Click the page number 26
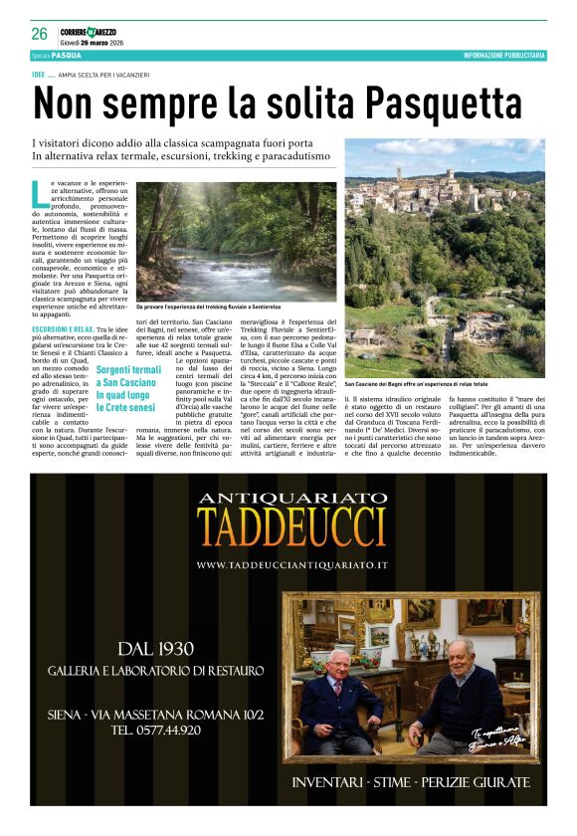pyautogui.click(x=39, y=33)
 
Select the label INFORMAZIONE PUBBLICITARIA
pyautogui.click(x=503, y=56)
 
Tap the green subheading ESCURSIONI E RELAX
pyautogui.click(x=63, y=328)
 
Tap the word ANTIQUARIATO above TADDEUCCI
pyautogui.click(x=292, y=499)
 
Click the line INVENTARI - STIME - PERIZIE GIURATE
pyautogui.click(x=409, y=782)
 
